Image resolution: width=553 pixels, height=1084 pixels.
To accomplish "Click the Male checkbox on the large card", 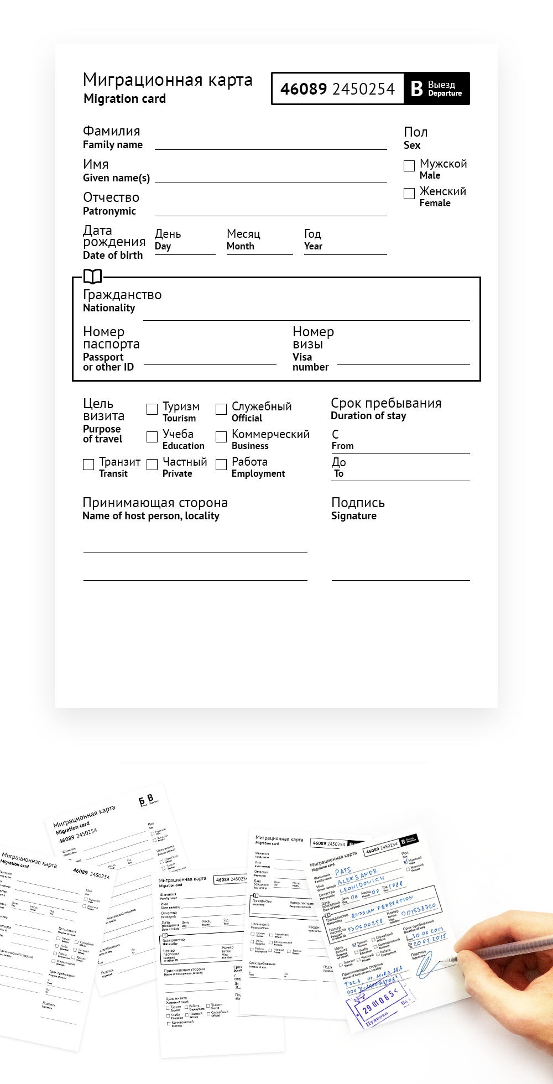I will coord(409,166).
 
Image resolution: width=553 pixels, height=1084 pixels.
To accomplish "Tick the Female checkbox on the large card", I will coord(409,194).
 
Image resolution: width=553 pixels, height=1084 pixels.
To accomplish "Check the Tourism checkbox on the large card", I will coord(152,409).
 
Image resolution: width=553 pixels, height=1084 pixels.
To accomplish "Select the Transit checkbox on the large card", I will coord(88,465).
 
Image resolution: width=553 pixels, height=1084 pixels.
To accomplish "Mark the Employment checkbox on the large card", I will coord(221,465).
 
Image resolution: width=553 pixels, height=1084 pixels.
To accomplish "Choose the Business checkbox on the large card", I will coord(221,437).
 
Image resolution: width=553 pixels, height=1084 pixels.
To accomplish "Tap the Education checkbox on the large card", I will coord(152,437).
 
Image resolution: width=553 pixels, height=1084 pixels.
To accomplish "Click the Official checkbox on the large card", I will coord(221,409).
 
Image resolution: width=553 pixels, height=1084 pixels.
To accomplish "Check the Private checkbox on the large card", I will coord(152,465).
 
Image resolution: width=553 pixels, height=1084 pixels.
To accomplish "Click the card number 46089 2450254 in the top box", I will coord(337,89).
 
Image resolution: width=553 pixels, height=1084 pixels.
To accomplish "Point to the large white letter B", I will coord(417,88).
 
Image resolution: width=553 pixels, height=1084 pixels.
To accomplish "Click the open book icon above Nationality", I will coord(92,276).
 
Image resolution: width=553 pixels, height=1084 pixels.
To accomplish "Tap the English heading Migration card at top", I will coord(124,99).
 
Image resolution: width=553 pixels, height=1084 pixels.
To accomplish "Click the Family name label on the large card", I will coord(113,145).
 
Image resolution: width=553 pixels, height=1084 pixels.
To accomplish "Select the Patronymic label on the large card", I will coord(109,211).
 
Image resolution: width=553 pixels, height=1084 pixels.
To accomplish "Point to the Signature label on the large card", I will coord(354,516).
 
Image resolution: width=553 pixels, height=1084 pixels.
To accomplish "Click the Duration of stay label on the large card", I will coord(368,416).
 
